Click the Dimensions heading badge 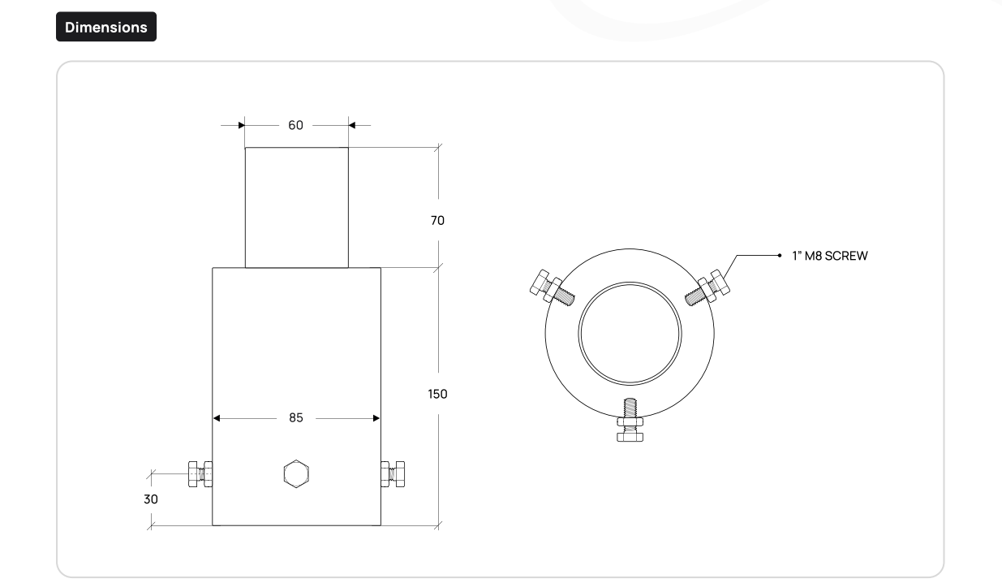click(106, 27)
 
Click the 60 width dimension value click(295, 125)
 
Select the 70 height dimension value click(437, 220)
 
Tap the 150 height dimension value click(437, 394)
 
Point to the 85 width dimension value click(296, 418)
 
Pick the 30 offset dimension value click(151, 499)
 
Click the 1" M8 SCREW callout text click(830, 256)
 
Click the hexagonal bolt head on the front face click(296, 473)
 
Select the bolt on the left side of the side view click(200, 474)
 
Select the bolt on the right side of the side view click(393, 474)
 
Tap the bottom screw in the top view click(630, 420)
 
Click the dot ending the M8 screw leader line click(780, 256)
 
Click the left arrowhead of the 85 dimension click(217, 418)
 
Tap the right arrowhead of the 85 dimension click(376, 418)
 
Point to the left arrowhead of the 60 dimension click(242, 125)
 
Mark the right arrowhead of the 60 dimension click(351, 125)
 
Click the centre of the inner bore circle click(630, 334)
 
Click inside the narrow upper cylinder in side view click(297, 208)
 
